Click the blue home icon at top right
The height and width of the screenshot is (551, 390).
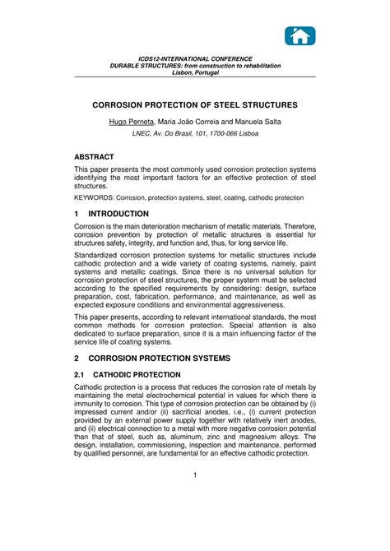click(300, 35)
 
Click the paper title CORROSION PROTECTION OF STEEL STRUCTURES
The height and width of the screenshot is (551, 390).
click(195, 106)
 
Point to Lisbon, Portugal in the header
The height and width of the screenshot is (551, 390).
click(195, 72)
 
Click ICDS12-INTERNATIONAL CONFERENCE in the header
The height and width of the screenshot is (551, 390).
click(195, 59)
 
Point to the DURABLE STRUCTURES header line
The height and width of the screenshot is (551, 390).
click(195, 66)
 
